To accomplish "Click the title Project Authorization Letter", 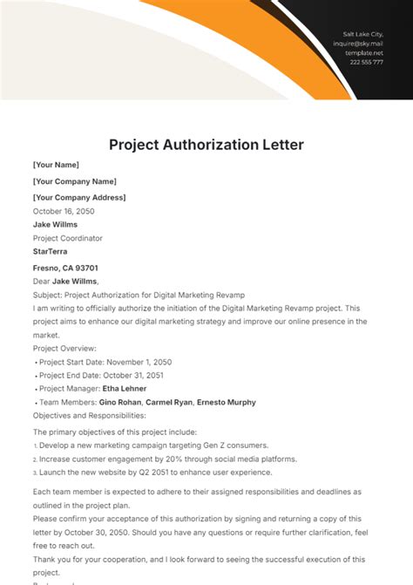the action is coord(206,144).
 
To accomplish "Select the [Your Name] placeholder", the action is coord(56,165).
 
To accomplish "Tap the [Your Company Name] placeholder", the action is coord(74,181).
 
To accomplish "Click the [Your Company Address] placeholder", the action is coord(79,198).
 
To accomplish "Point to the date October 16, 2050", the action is coord(64,211).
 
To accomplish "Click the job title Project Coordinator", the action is coord(68,238).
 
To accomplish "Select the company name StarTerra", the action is coord(51,252).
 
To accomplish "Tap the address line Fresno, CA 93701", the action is coord(65,268).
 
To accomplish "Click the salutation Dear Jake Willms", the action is coord(66,281).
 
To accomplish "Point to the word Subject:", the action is coord(47,295).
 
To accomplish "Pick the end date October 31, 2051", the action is coord(132,375).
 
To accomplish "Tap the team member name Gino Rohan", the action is coord(119,403).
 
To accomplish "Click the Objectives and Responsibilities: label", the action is coord(91,416).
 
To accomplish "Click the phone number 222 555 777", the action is coord(366,62).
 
